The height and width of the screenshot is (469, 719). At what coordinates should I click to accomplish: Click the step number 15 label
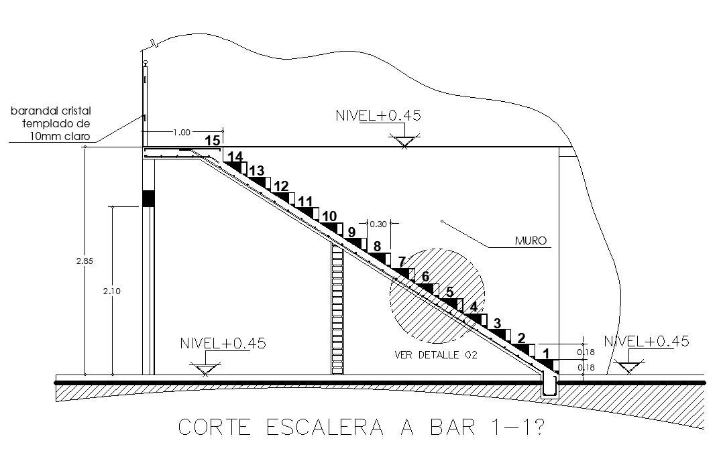(213, 141)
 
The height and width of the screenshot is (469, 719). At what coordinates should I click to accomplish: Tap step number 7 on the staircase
(402, 261)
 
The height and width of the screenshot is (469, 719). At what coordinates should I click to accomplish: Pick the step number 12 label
(281, 186)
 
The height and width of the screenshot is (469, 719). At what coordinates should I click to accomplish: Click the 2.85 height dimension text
(80, 261)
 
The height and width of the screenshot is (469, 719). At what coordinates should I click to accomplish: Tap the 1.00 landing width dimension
(182, 132)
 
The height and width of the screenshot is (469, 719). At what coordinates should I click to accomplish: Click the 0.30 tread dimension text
(378, 224)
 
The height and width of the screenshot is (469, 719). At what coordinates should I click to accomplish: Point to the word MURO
(531, 241)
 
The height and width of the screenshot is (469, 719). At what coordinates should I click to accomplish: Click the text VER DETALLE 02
(436, 355)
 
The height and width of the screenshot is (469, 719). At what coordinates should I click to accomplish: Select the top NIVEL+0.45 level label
(378, 115)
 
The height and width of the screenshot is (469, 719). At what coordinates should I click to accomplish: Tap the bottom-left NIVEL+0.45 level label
(223, 343)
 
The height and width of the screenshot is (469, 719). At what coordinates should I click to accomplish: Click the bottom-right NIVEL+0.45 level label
(647, 341)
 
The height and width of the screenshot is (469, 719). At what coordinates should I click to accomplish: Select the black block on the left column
(148, 198)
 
